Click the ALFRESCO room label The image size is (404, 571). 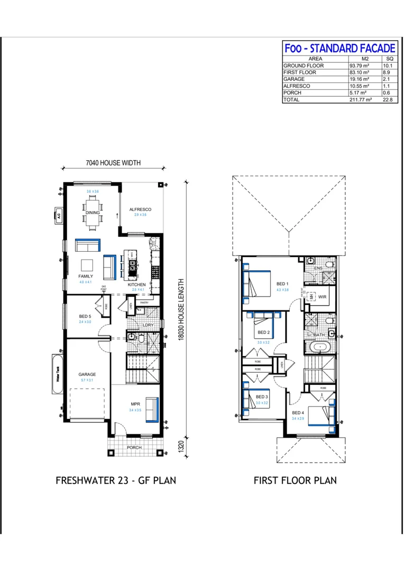point(141,209)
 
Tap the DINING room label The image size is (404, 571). point(93,213)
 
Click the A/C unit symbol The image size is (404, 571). point(59,215)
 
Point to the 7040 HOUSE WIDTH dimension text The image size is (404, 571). point(113,163)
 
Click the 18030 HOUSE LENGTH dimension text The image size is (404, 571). point(181,312)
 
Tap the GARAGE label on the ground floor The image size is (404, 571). point(87,374)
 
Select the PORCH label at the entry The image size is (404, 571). point(134,448)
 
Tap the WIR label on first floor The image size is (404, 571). point(323,298)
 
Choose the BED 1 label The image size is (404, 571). point(282,284)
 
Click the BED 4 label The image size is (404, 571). point(298,412)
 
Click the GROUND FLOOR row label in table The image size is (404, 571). point(304,66)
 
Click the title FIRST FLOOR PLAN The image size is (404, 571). point(295,481)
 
